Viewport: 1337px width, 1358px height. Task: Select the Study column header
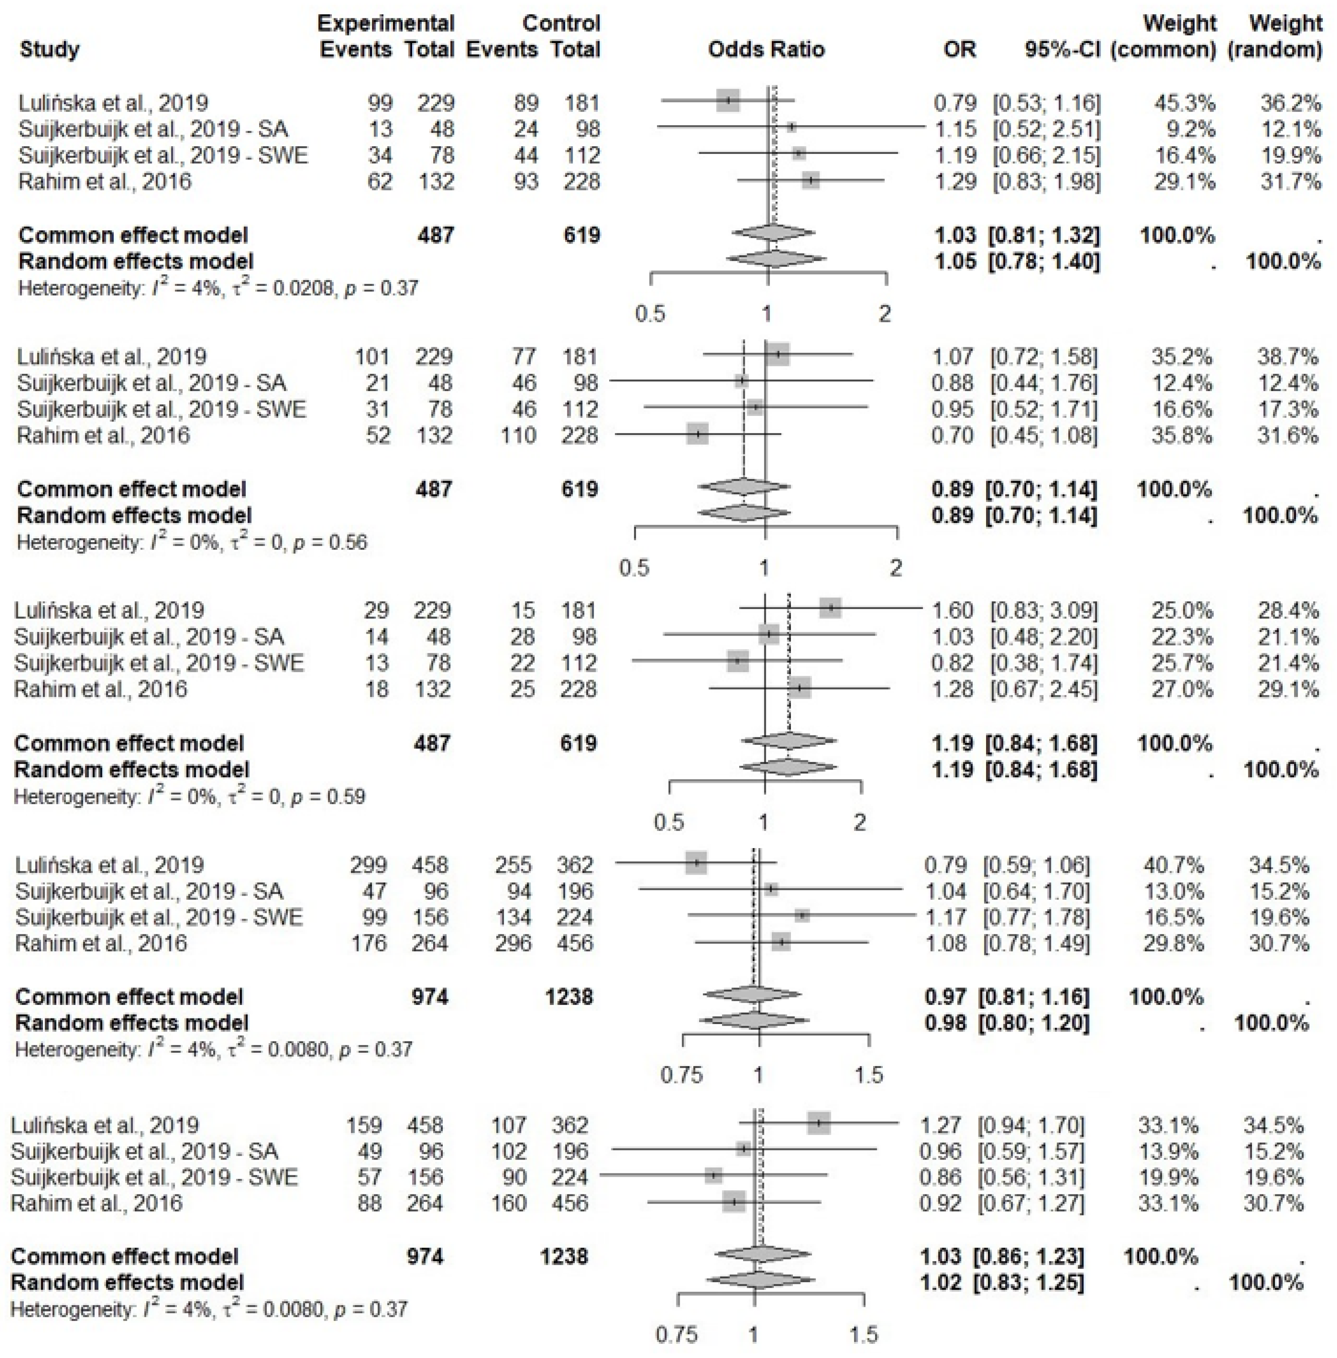(x=49, y=49)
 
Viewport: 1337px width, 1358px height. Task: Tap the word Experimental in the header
(x=386, y=23)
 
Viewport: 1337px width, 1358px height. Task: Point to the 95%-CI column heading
(x=1062, y=49)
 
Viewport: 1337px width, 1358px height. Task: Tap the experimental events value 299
(x=369, y=865)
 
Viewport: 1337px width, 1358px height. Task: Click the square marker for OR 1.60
(x=831, y=608)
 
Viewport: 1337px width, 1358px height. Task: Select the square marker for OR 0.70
(x=697, y=434)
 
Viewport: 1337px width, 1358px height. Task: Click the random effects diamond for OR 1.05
(x=775, y=259)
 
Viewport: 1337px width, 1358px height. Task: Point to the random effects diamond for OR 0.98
(x=753, y=1020)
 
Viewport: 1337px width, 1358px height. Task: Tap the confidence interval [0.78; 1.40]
(x=1044, y=261)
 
